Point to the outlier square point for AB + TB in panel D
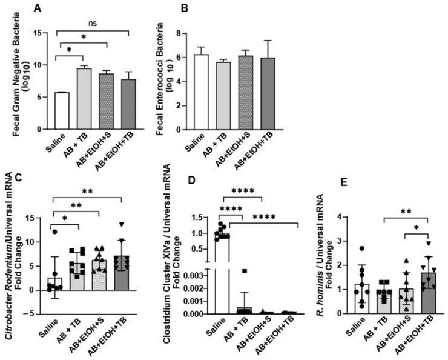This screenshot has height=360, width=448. [244, 271]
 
